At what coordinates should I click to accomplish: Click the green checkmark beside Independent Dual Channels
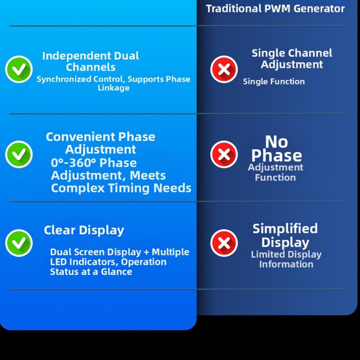[x=19, y=69]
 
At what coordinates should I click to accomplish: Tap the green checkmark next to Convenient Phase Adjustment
[x=19, y=154]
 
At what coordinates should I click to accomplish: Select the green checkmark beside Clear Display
[x=19, y=243]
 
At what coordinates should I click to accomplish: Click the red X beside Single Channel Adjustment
[x=224, y=69]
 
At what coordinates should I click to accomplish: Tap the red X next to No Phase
[x=224, y=154]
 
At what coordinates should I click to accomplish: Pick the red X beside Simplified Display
[x=224, y=243]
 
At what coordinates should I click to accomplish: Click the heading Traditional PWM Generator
[x=275, y=9]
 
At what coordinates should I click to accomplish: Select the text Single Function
[x=274, y=82]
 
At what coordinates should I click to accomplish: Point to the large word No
[x=277, y=142]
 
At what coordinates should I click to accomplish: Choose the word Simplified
[x=285, y=228]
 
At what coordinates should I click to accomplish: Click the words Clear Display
[x=84, y=230]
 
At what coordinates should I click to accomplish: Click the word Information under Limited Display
[x=286, y=264]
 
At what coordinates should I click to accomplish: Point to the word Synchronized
[x=64, y=79]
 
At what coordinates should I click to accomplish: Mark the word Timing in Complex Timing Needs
[x=129, y=188]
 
